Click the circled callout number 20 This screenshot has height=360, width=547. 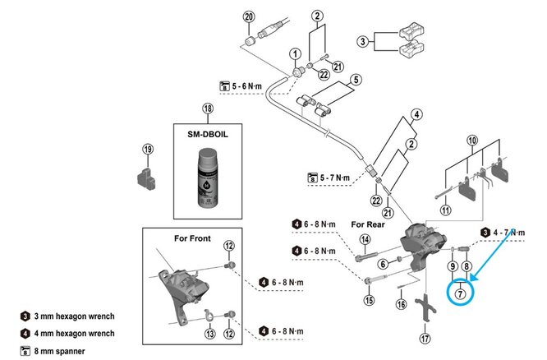250,16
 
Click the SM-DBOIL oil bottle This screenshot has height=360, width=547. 208,175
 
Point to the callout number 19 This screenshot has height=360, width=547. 148,150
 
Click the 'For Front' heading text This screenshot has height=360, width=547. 193,238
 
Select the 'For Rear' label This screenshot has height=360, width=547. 369,224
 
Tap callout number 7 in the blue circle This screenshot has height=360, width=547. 460,293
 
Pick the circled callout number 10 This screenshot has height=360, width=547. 471,141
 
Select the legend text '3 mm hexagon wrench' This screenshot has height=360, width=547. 80,316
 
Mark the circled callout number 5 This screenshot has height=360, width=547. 357,80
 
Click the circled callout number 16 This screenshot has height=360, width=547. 401,303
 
